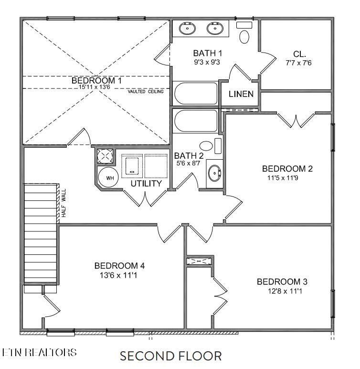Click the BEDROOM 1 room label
point(96,80)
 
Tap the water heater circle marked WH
point(109,178)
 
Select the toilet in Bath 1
point(245,36)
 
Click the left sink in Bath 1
point(186,29)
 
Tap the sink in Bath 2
point(214,173)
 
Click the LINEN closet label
point(241,94)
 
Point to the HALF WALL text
point(63,204)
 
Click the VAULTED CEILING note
point(145,91)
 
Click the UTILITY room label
point(146,183)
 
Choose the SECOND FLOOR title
point(170,356)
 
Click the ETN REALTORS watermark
point(39,352)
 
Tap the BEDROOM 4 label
point(119,266)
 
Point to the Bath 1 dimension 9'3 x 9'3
point(207,62)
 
